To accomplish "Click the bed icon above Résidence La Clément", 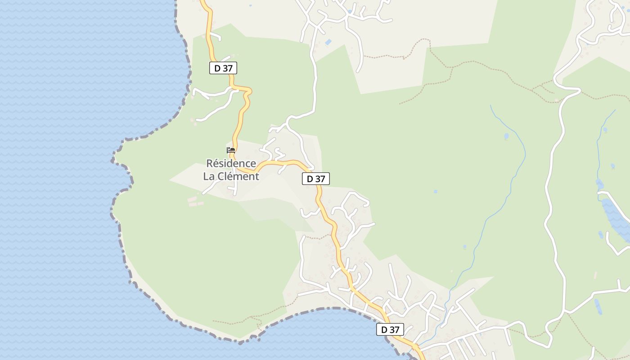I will coord(231,150).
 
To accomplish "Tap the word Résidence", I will coord(231,163).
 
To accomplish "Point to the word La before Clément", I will coord(209,176).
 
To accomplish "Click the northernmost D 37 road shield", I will coord(223,68).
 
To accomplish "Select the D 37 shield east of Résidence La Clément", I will coord(315,179).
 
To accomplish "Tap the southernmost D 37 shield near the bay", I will coord(390,329).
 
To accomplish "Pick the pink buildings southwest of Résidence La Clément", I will coord(193,201).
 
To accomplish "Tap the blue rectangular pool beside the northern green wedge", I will coord(328,42).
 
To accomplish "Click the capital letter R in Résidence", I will coord(209,163).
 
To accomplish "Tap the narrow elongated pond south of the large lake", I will coord(598,307).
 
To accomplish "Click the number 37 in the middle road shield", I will coord(319,179).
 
